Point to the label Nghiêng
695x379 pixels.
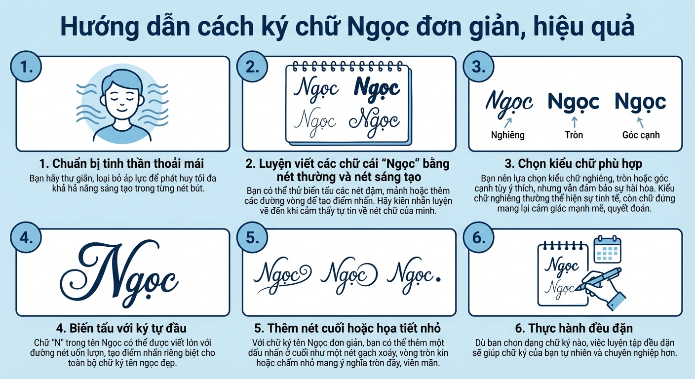507,135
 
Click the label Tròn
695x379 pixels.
574,135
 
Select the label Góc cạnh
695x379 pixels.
641,135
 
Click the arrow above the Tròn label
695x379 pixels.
574,121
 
